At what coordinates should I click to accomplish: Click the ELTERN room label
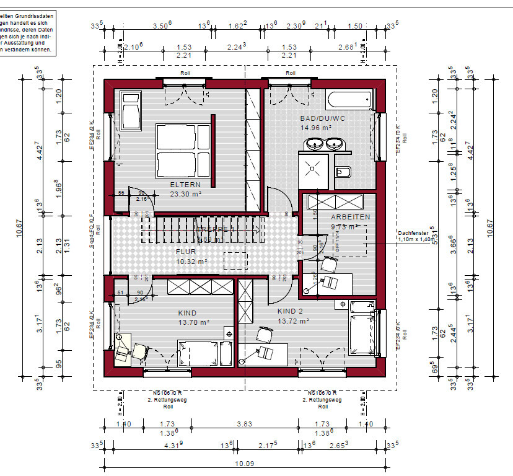tap(186, 184)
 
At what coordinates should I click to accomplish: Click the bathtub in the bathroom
tap(349, 100)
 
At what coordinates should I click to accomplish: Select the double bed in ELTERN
tap(178, 149)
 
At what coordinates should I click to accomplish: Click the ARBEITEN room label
tap(351, 217)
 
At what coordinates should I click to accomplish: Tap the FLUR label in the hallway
tap(186, 252)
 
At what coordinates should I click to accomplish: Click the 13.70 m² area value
tap(194, 323)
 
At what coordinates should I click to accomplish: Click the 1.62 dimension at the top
tap(237, 26)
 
